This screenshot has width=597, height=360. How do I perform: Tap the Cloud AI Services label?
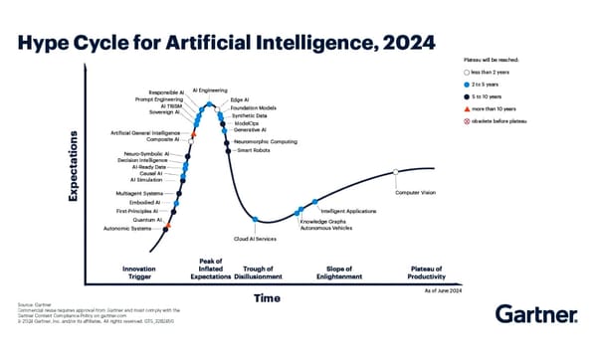255,240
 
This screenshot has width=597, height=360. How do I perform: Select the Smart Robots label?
253,150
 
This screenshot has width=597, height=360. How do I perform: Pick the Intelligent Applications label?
348,211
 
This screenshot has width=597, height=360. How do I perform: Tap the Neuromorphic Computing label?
265,141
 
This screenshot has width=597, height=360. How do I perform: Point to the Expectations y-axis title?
73,171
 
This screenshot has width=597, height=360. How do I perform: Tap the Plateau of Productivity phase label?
434,272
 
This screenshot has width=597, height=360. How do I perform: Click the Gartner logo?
538,316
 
